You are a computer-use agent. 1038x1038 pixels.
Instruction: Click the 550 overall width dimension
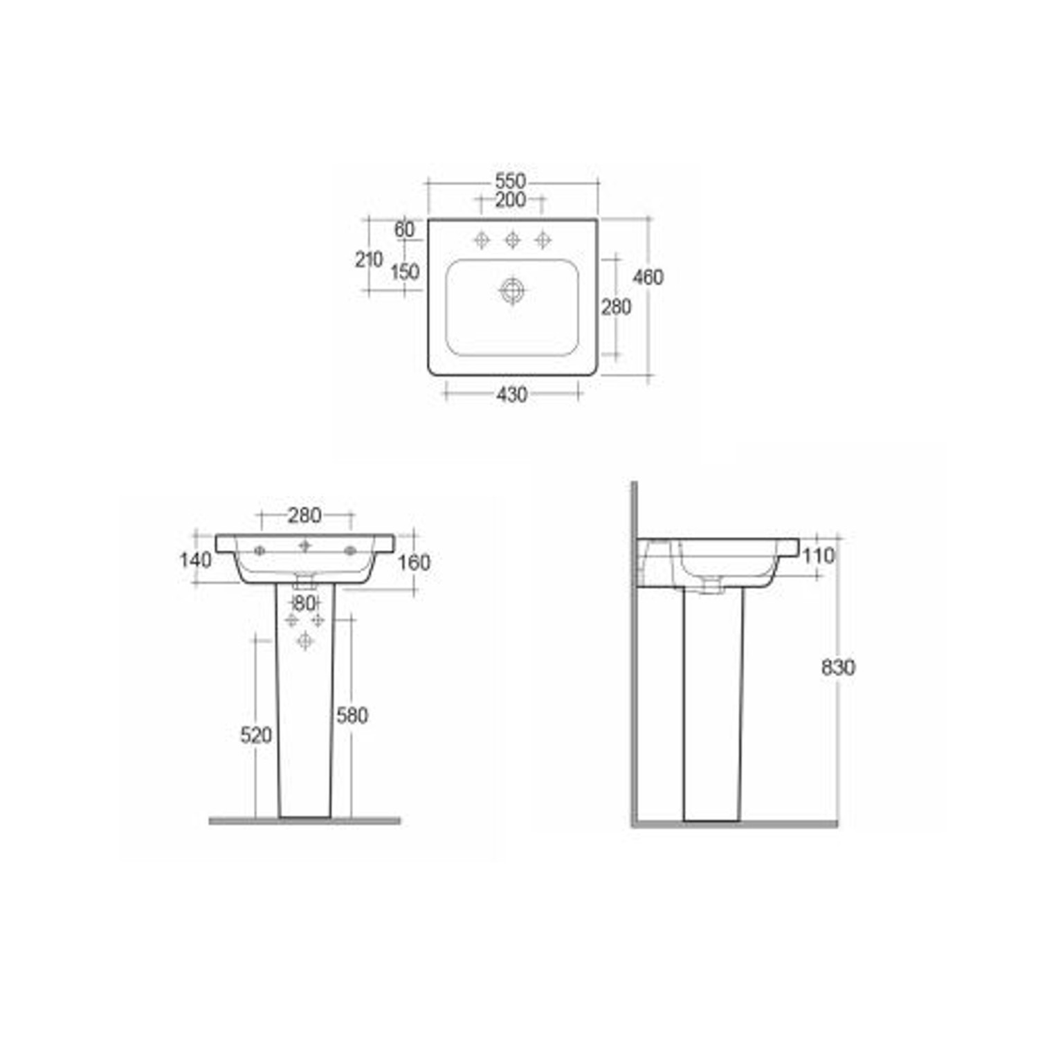click(x=511, y=181)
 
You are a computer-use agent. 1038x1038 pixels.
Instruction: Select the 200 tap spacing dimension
click(x=511, y=200)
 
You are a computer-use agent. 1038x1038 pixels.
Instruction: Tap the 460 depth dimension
click(x=648, y=277)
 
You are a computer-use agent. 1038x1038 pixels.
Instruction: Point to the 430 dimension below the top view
click(x=512, y=394)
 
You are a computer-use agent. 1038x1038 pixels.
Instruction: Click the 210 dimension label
click(x=369, y=259)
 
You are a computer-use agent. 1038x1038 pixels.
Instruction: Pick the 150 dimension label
click(x=405, y=271)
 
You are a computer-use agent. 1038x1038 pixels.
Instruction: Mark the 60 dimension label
click(x=404, y=229)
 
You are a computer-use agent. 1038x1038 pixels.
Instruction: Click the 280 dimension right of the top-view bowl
click(x=616, y=307)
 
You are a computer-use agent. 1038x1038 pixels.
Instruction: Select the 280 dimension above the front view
click(x=304, y=516)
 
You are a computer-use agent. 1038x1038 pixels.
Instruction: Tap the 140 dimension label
click(x=195, y=560)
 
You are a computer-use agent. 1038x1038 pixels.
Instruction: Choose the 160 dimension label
click(x=414, y=563)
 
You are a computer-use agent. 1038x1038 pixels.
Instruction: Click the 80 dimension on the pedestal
click(x=304, y=603)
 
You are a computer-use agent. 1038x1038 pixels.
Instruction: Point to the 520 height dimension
click(x=256, y=735)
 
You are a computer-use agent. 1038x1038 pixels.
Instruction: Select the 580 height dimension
click(x=352, y=715)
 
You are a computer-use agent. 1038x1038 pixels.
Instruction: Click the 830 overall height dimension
click(x=838, y=668)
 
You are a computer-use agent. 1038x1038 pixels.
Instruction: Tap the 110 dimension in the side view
click(x=819, y=555)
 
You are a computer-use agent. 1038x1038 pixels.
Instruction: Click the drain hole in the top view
click(x=512, y=291)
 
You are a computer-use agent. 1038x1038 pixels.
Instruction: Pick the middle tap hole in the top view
click(x=512, y=240)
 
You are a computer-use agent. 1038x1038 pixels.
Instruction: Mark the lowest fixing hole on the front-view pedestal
click(x=304, y=641)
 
